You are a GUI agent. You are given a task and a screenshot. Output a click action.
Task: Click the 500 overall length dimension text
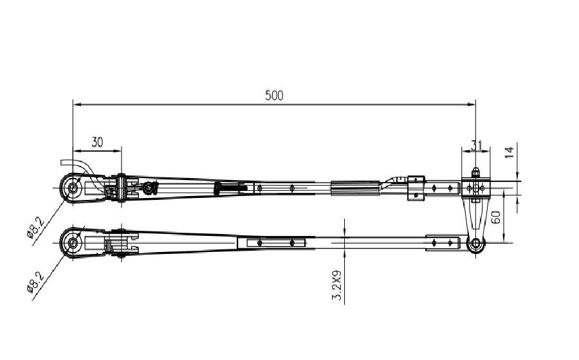274,95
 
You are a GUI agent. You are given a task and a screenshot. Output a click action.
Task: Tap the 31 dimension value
476,145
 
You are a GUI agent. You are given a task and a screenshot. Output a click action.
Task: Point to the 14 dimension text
508,152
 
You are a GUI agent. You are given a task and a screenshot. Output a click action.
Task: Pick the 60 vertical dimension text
496,217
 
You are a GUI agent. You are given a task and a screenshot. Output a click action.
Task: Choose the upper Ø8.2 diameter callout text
36,227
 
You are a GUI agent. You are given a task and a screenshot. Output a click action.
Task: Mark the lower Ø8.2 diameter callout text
36,281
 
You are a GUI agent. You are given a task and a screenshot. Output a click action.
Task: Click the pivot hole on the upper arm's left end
72,188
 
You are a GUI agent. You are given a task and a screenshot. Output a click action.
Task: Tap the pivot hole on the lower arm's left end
72,243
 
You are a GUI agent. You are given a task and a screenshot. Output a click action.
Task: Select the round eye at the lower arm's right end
476,244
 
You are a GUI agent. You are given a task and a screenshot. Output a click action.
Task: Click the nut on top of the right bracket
475,172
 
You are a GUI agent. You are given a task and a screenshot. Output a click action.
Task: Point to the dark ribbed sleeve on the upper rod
354,188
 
